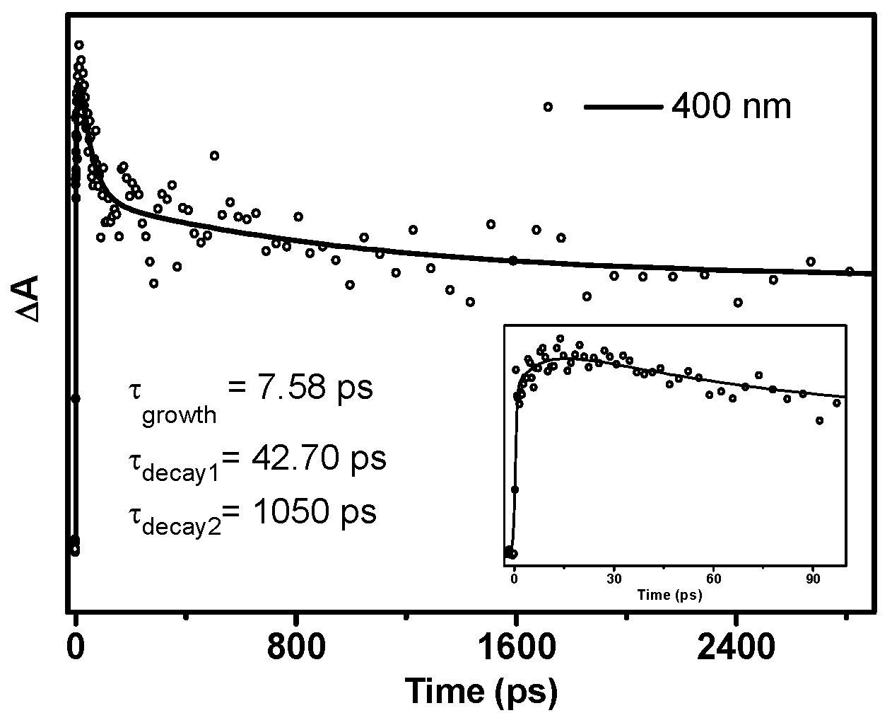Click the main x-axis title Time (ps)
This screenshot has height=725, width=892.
(x=481, y=690)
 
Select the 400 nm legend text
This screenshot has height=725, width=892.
(x=731, y=108)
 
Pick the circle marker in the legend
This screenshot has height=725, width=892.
(x=548, y=107)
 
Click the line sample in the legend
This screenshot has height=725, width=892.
(x=623, y=108)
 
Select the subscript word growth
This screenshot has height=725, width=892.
(x=180, y=415)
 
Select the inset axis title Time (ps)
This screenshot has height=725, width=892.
(x=669, y=595)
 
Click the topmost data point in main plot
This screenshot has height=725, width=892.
(x=79, y=45)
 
